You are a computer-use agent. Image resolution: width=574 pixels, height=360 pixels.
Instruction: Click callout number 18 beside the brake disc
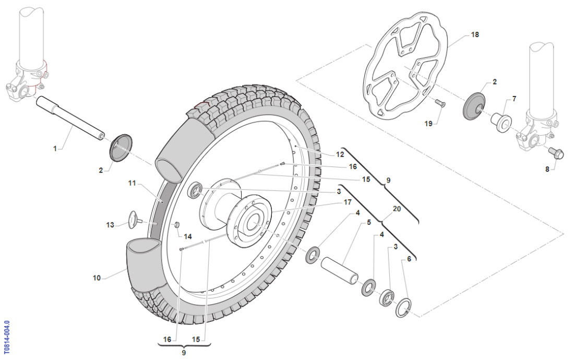point(474,34)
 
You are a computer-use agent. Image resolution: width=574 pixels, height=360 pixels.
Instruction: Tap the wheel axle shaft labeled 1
point(70,120)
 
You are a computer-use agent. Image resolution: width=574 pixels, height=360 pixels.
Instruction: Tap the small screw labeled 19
point(439,104)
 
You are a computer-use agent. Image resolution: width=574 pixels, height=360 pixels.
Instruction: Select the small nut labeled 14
point(176,225)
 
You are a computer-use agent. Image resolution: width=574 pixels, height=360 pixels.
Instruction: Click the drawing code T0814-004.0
point(6,338)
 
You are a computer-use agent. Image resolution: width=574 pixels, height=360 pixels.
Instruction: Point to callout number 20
point(397,208)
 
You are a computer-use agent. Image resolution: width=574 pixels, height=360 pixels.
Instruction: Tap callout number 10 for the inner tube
point(97,278)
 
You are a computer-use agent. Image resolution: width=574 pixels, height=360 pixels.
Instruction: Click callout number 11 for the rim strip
point(131,183)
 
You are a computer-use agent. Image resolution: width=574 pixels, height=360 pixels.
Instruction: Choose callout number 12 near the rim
point(340,154)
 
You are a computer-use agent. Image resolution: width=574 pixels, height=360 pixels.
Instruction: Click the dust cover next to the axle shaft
point(121,148)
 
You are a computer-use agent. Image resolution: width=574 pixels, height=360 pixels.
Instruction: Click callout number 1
point(55,149)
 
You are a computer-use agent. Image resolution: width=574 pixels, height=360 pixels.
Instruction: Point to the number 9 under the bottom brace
point(184,353)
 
